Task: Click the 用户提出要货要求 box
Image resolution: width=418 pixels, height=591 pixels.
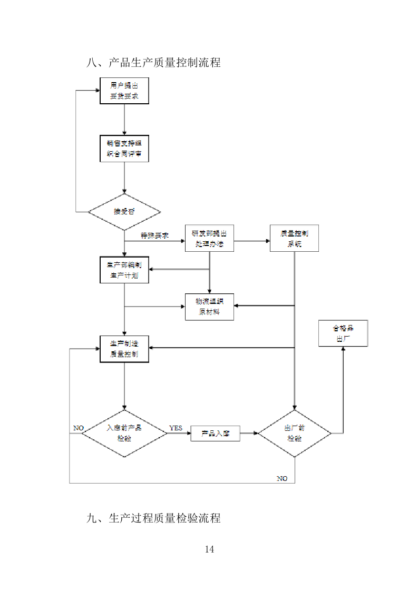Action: pyautogui.click(x=124, y=91)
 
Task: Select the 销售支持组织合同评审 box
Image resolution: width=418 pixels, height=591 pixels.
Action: pyautogui.click(x=124, y=149)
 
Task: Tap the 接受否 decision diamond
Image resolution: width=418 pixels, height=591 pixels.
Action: pyautogui.click(x=124, y=212)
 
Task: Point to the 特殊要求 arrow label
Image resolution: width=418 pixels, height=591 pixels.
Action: pyautogui.click(x=154, y=236)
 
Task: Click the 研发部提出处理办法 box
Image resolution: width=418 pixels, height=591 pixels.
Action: pyautogui.click(x=209, y=239)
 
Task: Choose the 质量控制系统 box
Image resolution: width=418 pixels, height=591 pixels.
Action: pyautogui.click(x=294, y=239)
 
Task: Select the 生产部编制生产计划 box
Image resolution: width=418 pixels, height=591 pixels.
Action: pyautogui.click(x=124, y=270)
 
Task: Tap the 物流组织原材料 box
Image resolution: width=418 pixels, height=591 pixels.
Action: pyautogui.click(x=209, y=307)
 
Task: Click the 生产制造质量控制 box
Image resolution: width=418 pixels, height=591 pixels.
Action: pyautogui.click(x=124, y=349)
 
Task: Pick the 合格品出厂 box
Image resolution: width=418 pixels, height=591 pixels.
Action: pyautogui.click(x=343, y=333)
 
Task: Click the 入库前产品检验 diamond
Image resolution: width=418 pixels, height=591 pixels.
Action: pyautogui.click(x=124, y=433)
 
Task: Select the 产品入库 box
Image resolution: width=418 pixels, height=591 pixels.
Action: pyautogui.click(x=215, y=434)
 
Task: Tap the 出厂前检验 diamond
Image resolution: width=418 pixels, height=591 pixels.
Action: pyautogui.click(x=295, y=434)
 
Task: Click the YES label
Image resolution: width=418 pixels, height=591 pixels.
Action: pyautogui.click(x=176, y=428)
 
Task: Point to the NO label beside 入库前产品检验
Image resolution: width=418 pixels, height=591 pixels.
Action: pyautogui.click(x=79, y=428)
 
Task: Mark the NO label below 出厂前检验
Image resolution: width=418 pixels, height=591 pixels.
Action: pyautogui.click(x=282, y=478)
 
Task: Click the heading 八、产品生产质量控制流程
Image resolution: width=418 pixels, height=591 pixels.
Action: pyautogui.click(x=153, y=63)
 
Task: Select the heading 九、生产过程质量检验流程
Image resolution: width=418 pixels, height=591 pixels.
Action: pyautogui.click(x=153, y=518)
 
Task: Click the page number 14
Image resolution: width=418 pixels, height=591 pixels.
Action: pyautogui.click(x=209, y=550)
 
